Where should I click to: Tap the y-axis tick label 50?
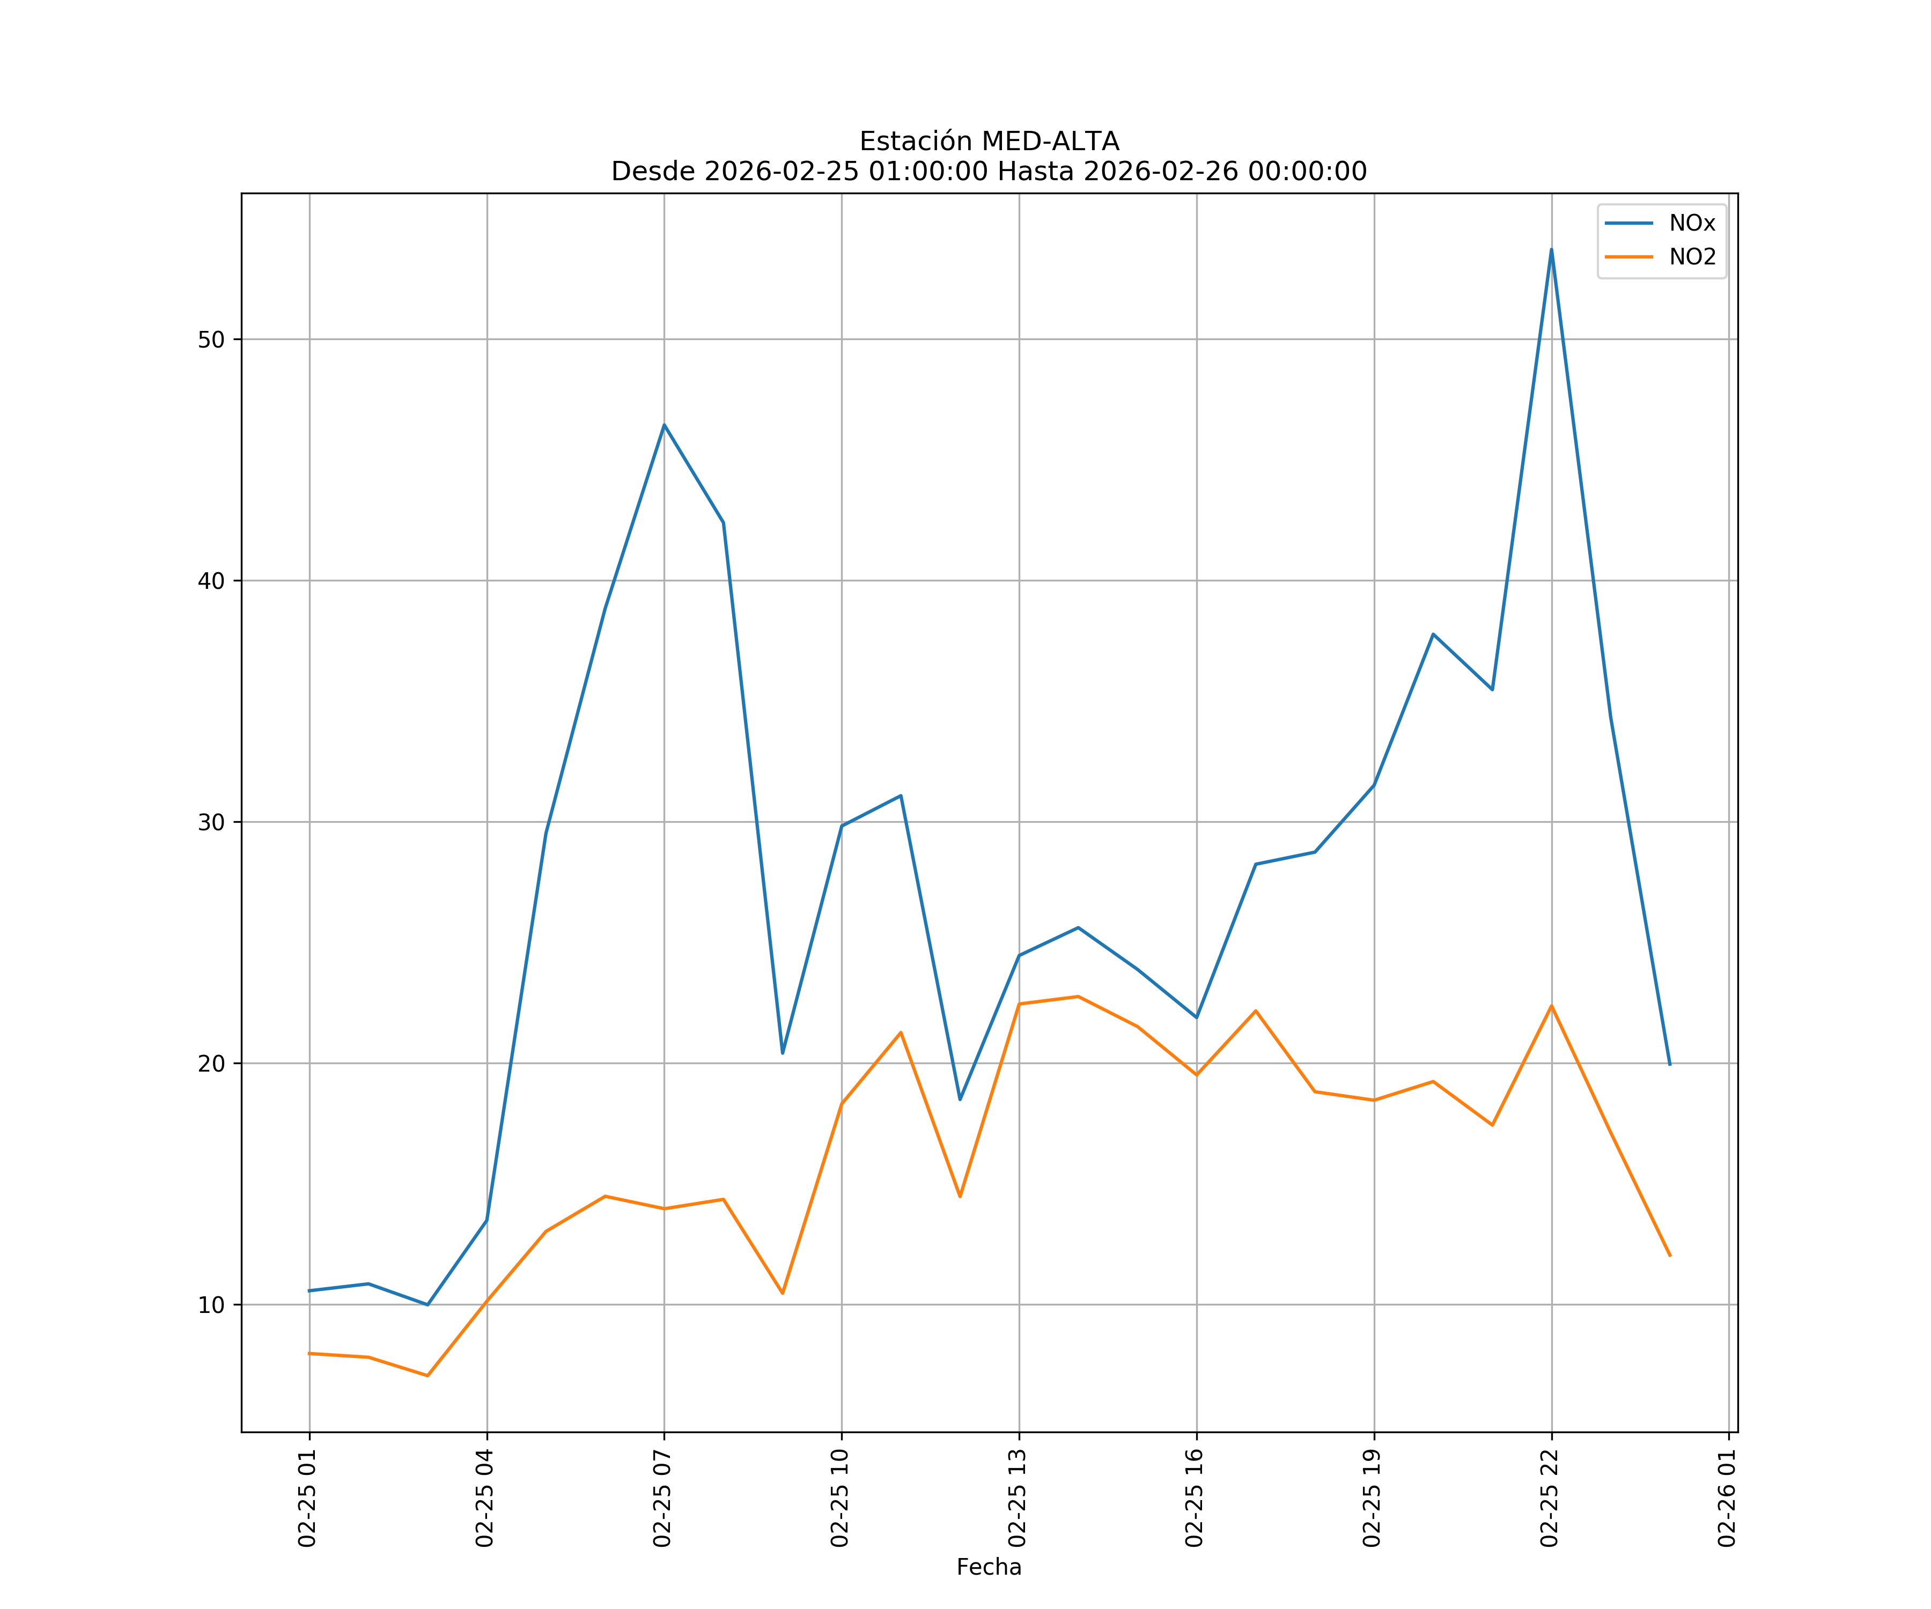coord(211,339)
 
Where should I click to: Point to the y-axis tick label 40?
coord(211,581)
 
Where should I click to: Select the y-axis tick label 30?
coord(211,822)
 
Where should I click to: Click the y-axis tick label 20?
coord(211,1064)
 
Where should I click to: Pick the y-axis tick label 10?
coord(211,1305)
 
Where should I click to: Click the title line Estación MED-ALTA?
coord(989,142)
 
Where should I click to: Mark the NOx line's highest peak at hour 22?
coord(1551,249)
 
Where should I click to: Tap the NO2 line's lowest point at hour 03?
coord(428,1376)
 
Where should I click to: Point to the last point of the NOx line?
coord(1670,1065)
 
